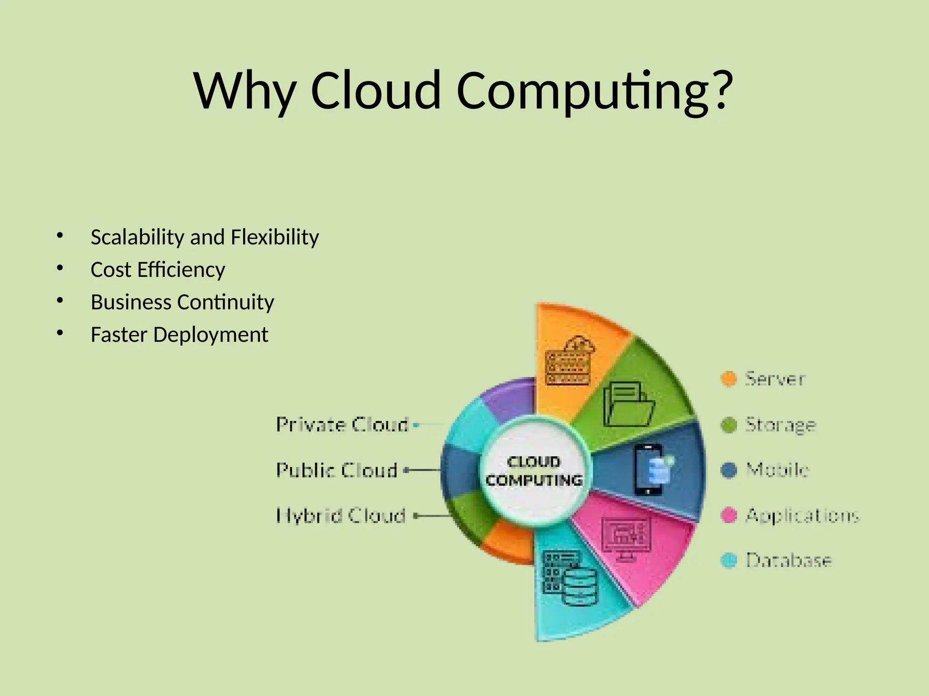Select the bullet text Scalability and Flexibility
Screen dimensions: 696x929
pos(205,237)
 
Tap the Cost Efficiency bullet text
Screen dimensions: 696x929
pos(158,270)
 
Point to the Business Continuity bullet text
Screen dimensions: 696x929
pos(182,302)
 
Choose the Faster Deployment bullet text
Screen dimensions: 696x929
pos(179,335)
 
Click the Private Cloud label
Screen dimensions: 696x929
pos(342,425)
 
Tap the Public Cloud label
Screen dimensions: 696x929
pos(337,470)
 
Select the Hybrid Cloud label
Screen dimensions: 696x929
pos(341,516)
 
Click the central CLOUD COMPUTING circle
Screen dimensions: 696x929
pos(534,471)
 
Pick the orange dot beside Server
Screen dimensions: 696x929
pos(729,379)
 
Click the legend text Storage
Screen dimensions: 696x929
pos(781,425)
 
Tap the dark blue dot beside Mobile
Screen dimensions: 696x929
pos(729,470)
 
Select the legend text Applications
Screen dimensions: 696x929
pos(802,516)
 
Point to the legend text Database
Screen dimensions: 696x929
pos(789,561)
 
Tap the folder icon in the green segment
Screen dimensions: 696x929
pos(629,404)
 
